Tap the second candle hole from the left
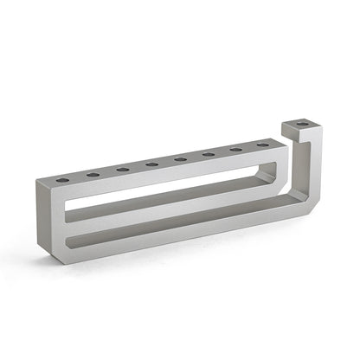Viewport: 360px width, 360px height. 93,175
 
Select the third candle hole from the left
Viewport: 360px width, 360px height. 123,169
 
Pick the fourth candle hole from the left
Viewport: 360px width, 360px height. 151,164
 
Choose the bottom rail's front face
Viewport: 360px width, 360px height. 173,241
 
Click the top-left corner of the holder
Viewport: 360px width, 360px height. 40,183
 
